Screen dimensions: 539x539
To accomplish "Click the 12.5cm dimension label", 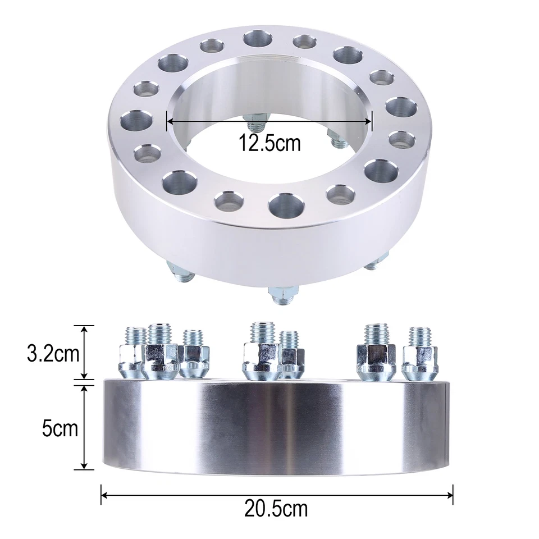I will pyautogui.click(x=269, y=143).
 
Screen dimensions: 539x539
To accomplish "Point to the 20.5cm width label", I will pyautogui.click(x=276, y=509).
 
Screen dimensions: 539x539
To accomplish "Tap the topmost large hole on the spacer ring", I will pyautogui.click(x=256, y=40).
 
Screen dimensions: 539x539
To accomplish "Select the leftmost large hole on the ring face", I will pyautogui.click(x=138, y=120).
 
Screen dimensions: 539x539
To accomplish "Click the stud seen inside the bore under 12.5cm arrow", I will pyautogui.click(x=256, y=121).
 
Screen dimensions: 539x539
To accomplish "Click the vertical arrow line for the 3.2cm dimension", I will pyautogui.click(x=84, y=352).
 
